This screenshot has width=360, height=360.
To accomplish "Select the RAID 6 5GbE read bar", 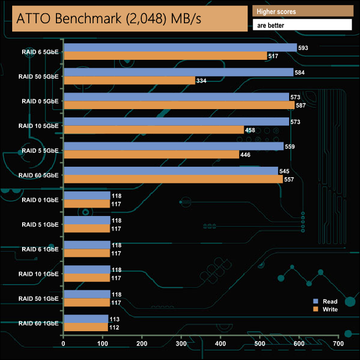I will coord(180,48).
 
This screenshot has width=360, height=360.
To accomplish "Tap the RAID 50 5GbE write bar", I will coord(129,80).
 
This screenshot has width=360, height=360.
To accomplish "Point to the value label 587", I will coord(302,105).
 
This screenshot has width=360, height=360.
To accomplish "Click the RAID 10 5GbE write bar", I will coord(154,130).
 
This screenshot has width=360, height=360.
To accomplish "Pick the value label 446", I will coord(246,155).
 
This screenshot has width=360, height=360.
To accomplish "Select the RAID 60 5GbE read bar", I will coord(171,171).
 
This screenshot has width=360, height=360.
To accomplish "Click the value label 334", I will coord(203,80).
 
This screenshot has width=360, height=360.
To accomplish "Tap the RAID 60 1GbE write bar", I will coord(86,327).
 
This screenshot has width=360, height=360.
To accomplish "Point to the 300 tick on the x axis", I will coord(182,344).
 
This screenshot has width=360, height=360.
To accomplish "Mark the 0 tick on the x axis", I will coord(64,344).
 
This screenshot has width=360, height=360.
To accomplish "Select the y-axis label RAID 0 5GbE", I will coord(40,101).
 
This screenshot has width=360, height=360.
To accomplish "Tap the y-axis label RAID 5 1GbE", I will coord(40,224).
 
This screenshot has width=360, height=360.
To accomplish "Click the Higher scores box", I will coord(302,12).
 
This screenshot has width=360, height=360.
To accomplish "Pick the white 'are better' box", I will coord(302,25).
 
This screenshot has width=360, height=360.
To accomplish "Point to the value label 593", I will coord(303,48).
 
